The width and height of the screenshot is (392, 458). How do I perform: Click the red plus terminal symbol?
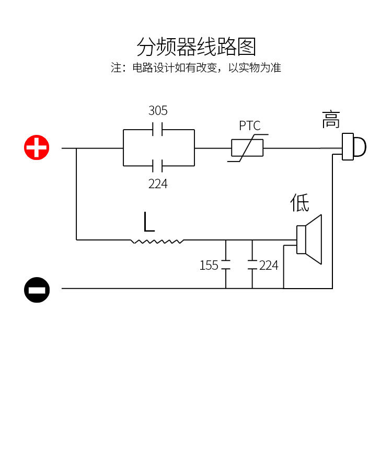[x=37, y=148]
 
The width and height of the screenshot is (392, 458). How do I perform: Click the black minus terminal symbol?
[x=37, y=289]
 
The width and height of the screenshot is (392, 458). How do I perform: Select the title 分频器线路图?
[x=196, y=47]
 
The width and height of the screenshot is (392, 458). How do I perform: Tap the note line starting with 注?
[x=196, y=68]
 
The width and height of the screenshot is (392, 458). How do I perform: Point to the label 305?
[x=158, y=111]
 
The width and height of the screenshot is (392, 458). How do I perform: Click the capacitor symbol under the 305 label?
[x=158, y=130]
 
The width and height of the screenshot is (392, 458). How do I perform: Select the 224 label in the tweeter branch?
[x=158, y=184]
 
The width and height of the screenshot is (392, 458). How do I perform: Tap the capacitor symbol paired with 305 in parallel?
[x=158, y=166]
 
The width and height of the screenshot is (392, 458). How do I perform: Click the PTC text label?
[x=249, y=126]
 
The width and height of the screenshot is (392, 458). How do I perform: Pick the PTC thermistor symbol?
[x=248, y=148]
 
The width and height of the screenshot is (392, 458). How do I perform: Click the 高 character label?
[x=331, y=120]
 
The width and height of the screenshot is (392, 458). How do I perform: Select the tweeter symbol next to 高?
[x=354, y=147]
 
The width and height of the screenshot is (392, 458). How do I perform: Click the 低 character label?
[x=300, y=203]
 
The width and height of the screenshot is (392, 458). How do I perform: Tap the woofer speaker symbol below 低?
[x=309, y=239]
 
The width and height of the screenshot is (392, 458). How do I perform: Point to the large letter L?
[x=149, y=222]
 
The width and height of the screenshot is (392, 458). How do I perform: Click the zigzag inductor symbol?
[x=157, y=241]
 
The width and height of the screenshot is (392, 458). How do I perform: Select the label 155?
[x=209, y=266]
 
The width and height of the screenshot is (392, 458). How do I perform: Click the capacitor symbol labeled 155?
[x=226, y=265]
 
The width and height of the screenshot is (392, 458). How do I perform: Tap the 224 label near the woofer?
[x=269, y=266]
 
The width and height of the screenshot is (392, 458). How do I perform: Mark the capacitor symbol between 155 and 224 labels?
[x=252, y=265]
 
